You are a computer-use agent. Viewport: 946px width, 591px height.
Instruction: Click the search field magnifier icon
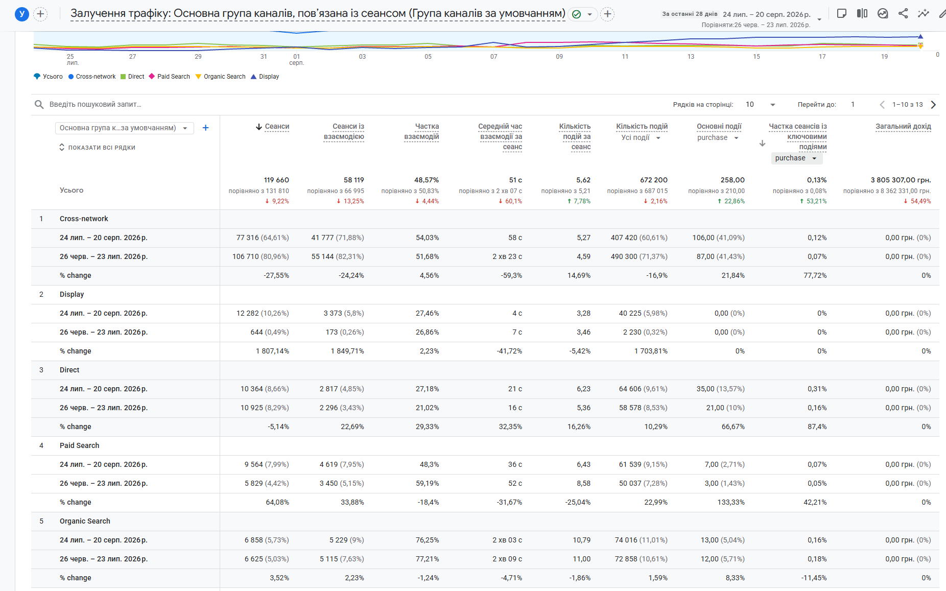(39, 105)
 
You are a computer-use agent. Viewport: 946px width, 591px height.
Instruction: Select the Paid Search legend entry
(169, 77)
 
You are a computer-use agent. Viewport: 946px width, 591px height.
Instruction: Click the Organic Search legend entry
(220, 77)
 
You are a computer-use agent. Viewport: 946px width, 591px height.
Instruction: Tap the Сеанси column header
(277, 127)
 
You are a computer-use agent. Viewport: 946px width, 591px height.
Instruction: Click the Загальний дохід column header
(903, 127)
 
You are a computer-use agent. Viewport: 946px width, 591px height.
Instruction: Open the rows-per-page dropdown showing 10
(761, 105)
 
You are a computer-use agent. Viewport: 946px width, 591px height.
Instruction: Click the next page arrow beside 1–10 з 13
(933, 105)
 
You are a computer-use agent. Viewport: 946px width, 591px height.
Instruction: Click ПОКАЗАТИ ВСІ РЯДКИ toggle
(97, 148)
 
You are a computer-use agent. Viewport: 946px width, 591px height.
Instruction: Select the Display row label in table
(72, 294)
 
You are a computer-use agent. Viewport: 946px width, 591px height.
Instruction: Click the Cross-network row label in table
(84, 219)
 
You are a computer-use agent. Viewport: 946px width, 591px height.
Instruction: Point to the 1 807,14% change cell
(272, 351)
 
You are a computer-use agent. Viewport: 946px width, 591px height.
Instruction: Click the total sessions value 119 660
(276, 180)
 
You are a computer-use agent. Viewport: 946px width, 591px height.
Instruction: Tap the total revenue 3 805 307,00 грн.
(901, 180)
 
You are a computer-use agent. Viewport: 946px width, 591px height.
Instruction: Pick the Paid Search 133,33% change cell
(731, 502)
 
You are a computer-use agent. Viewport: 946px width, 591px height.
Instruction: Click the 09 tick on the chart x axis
(559, 57)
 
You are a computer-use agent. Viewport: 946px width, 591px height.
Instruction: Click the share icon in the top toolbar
(903, 14)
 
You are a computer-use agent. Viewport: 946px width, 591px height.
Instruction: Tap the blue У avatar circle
(21, 14)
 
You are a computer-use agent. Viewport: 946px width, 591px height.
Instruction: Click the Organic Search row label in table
(85, 521)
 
